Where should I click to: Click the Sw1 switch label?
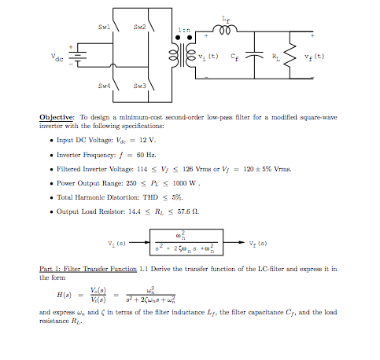pos(103,26)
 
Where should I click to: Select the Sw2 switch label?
pos(138,26)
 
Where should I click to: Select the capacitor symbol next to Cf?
pos(254,57)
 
